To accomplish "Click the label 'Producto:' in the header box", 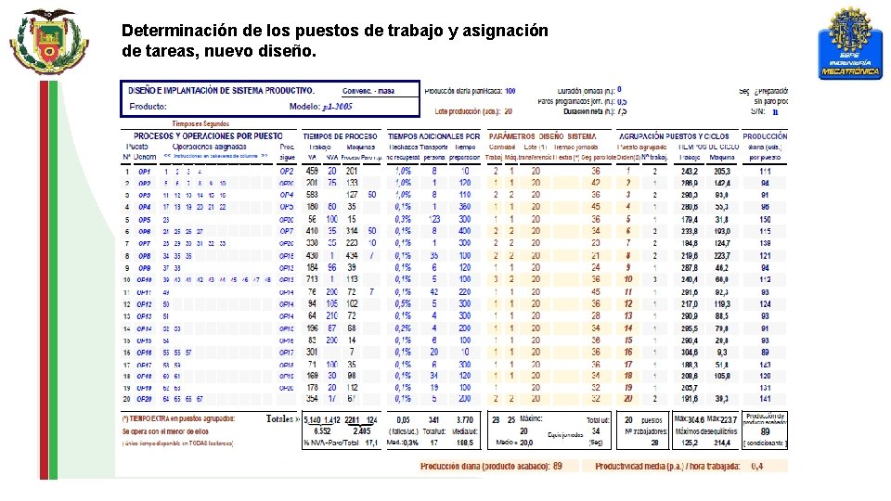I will tap(148, 107).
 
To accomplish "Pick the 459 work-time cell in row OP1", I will tap(312, 172).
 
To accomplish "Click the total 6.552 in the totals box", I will tap(321, 430).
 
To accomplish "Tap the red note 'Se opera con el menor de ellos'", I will tap(162, 430).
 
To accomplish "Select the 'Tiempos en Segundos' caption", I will tap(200, 123).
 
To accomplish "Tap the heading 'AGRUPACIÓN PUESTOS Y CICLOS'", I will tap(673, 135).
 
